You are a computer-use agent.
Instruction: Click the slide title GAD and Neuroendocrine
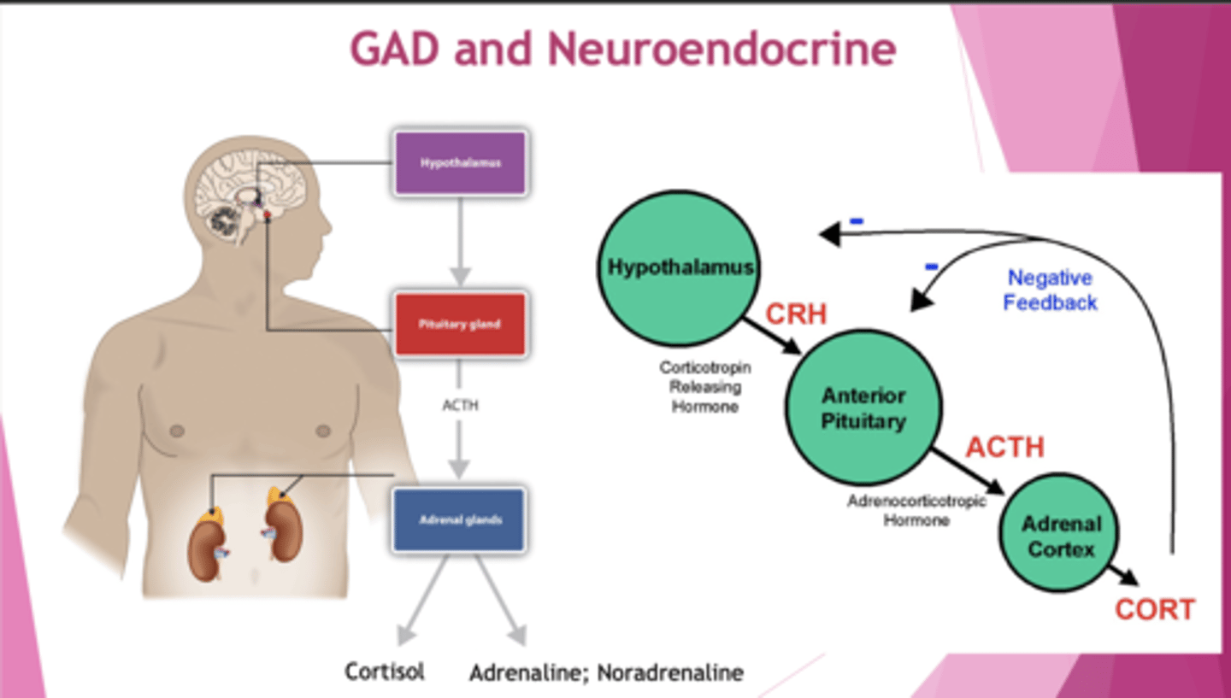coord(622,49)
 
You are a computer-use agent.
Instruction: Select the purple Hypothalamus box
coord(460,162)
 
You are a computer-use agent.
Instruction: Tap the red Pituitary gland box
coord(460,325)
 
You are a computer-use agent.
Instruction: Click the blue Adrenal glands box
coord(459,519)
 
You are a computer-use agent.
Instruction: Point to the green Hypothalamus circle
coord(680,267)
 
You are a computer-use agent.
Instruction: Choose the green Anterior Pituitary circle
coord(863,408)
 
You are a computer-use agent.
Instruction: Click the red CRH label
coord(796,314)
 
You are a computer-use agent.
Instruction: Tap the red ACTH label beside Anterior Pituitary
coord(1004,447)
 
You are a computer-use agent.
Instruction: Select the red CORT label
coord(1154,610)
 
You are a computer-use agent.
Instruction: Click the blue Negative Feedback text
coord(1050,290)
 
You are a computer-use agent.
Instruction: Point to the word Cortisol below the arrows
coord(385,672)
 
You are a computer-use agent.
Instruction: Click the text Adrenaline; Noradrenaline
coord(606,673)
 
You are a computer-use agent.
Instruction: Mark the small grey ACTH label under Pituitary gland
coord(460,406)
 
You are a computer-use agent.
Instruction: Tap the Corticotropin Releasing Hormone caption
coord(704,387)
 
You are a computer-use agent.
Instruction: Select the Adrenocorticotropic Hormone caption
coord(916,510)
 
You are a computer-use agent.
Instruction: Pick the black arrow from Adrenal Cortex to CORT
coord(1124,575)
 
